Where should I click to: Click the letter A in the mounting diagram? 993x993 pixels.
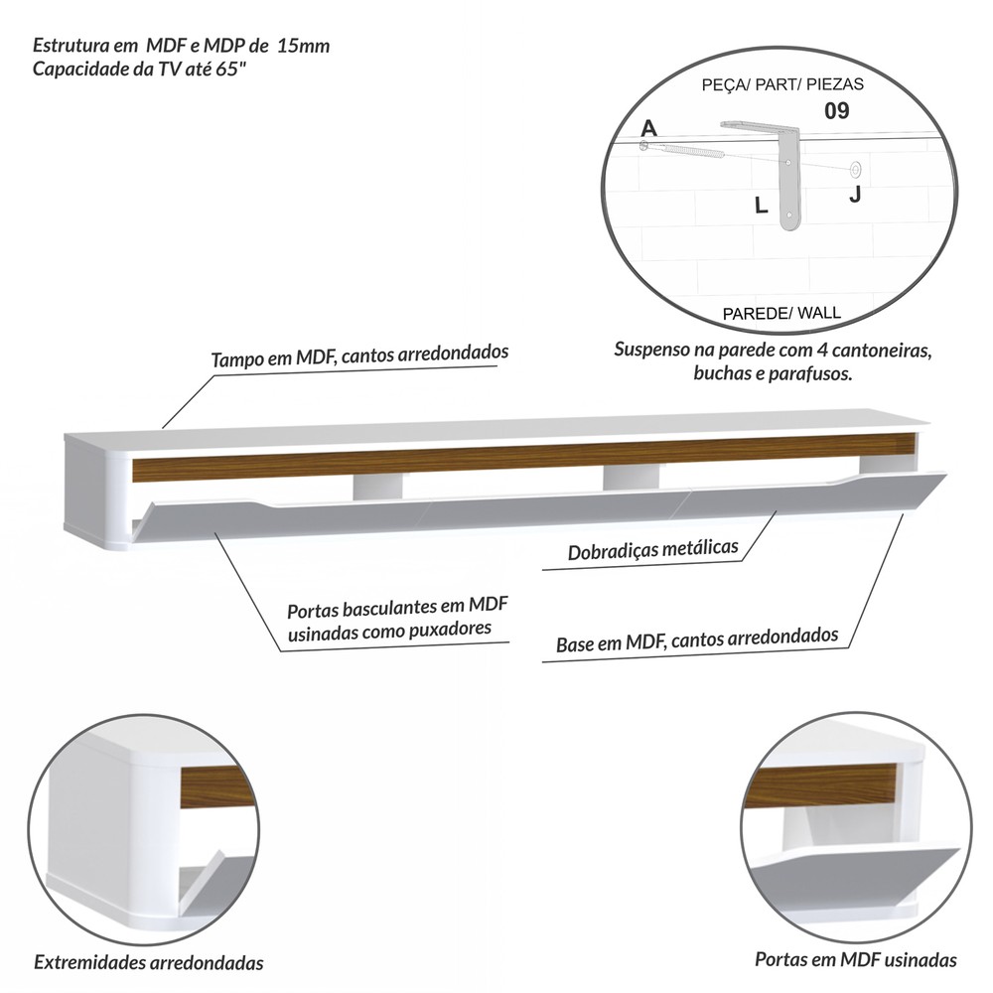[x=649, y=128]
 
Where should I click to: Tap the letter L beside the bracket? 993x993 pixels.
[x=762, y=206]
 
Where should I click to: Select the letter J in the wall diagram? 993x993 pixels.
[x=855, y=195]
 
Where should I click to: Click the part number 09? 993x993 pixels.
[x=836, y=111]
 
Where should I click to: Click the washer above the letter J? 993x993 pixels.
[x=856, y=169]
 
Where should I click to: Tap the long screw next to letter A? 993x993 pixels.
[x=684, y=150]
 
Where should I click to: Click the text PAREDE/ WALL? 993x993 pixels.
[x=781, y=313]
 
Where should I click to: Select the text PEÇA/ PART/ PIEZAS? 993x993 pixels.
[x=782, y=84]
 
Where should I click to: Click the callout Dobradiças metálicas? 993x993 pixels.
[x=653, y=549]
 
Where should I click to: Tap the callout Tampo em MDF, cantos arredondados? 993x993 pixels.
[x=359, y=355]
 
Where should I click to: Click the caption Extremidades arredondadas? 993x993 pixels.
[x=149, y=962]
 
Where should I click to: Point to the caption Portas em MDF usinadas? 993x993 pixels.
[x=856, y=959]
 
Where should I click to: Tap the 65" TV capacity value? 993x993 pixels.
[x=230, y=69]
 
